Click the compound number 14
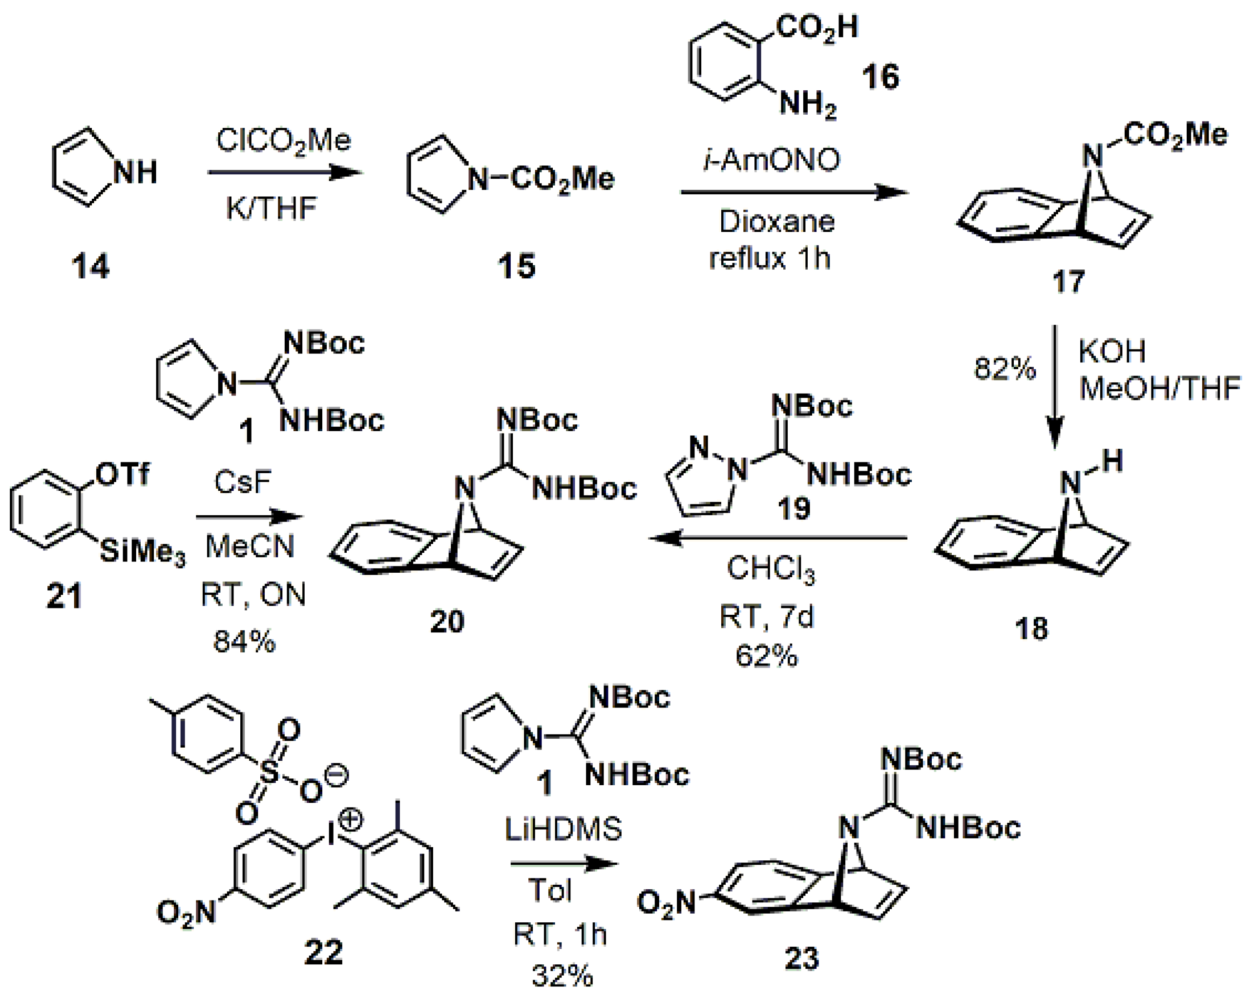point(90,267)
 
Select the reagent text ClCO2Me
point(283,141)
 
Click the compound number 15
point(516,266)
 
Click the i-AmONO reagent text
point(772,160)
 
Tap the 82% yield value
point(1005,369)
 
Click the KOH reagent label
point(1112,352)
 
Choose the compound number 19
point(794,509)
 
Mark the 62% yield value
point(766,656)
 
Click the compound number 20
point(447,621)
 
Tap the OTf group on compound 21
point(123,474)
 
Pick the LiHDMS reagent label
point(564,829)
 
